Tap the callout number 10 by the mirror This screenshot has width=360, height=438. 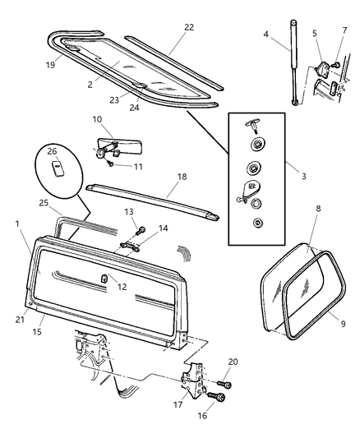pyautogui.click(x=96, y=120)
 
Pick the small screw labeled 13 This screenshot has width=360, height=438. pyautogui.click(x=141, y=228)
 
